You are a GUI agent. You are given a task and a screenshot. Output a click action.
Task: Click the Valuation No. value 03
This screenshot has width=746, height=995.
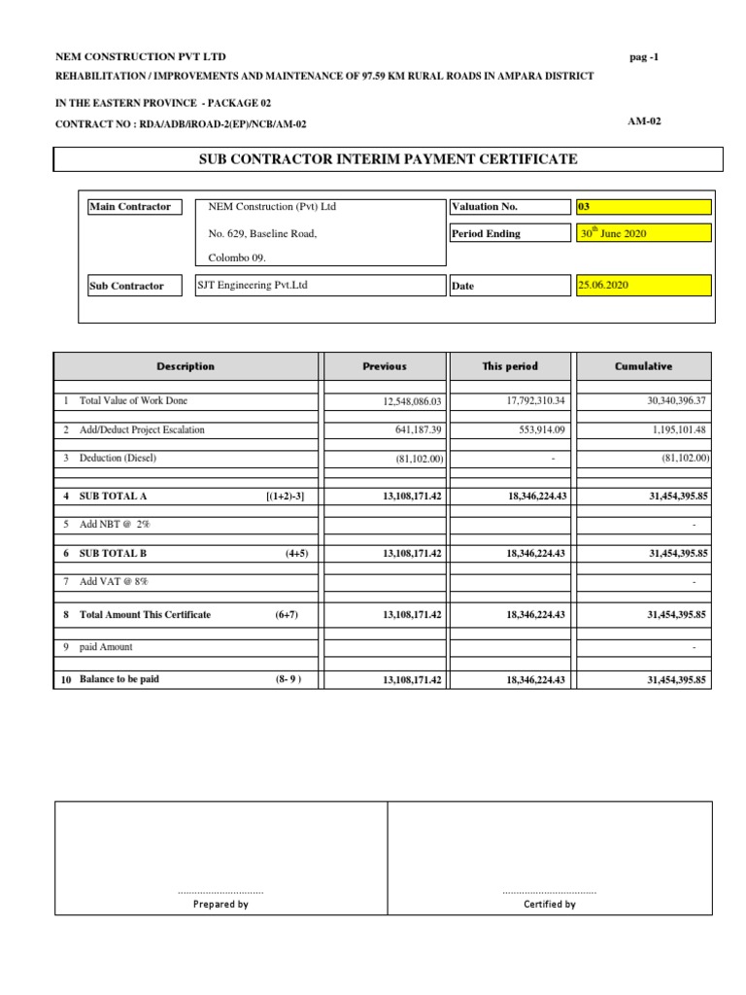(x=643, y=207)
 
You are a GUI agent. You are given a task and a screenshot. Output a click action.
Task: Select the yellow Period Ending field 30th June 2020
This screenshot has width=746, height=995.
(x=643, y=233)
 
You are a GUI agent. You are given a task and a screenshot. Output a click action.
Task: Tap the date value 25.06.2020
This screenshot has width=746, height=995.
(x=643, y=286)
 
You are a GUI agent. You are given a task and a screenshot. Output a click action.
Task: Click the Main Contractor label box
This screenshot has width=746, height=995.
(x=131, y=207)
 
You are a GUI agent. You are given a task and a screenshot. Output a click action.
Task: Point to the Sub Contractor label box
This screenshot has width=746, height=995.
(x=131, y=286)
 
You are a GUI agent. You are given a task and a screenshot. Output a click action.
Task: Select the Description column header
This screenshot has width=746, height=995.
(x=186, y=366)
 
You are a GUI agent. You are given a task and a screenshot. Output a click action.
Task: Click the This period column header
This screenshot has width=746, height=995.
(x=510, y=366)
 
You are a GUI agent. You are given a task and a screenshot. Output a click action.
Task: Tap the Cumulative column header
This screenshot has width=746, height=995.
(x=643, y=366)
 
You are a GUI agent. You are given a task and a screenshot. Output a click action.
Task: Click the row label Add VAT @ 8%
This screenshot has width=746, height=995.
(x=115, y=581)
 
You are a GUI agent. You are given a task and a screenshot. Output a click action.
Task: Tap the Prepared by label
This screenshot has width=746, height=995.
(x=220, y=904)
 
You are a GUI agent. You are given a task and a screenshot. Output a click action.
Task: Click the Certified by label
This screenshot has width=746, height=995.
(x=549, y=904)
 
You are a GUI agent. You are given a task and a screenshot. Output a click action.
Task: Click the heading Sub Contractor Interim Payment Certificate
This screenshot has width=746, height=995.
(x=389, y=159)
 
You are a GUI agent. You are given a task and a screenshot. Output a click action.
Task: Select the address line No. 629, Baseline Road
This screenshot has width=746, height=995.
(x=262, y=234)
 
